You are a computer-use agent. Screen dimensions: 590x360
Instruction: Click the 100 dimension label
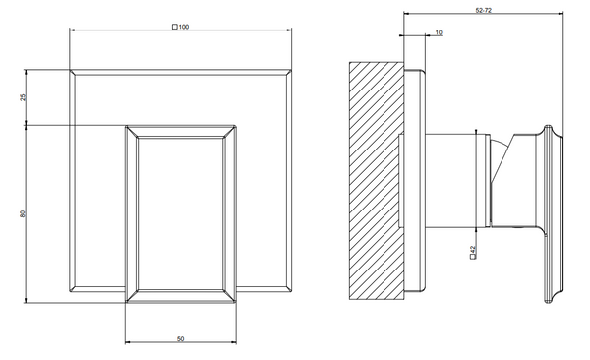(x=184, y=27)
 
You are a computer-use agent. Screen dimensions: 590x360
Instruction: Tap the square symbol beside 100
(x=175, y=27)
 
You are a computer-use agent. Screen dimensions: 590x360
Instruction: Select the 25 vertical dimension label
(x=24, y=97)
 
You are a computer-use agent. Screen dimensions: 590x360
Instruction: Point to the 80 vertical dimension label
(x=23, y=213)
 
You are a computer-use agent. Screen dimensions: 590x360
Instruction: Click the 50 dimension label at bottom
(x=181, y=339)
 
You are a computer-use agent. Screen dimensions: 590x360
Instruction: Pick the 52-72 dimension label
(x=484, y=10)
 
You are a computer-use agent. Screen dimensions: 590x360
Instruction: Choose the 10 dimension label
(x=439, y=32)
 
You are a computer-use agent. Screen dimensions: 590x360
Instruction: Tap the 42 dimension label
(x=473, y=249)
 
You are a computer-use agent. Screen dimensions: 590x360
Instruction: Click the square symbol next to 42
(x=473, y=257)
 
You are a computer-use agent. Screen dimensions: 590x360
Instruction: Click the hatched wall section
(x=377, y=181)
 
